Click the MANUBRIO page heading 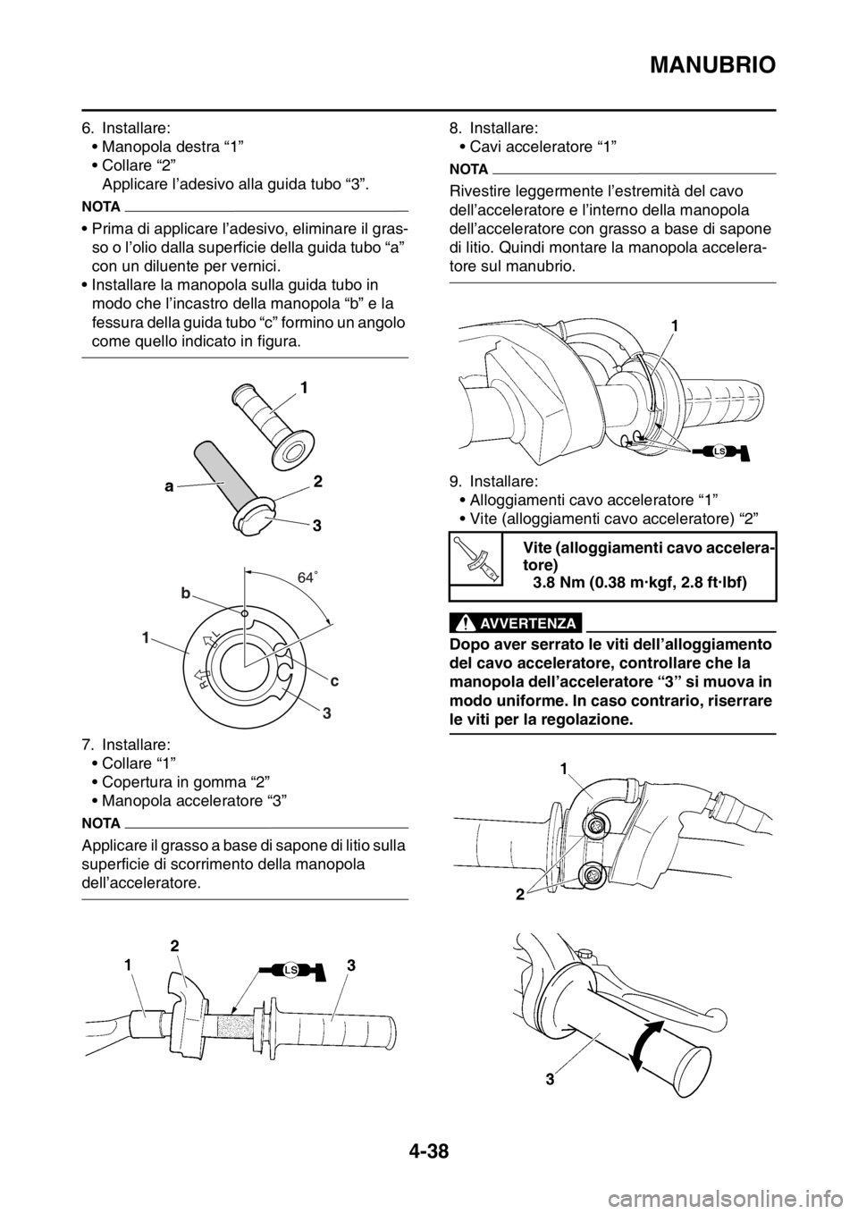712,65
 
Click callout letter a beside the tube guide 170,486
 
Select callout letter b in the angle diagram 186,594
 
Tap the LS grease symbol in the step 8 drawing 719,451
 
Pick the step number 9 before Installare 456,481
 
